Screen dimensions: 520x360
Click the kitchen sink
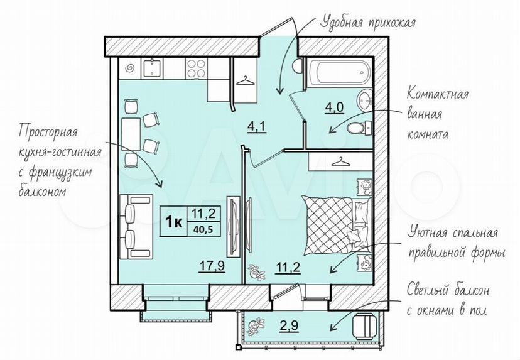pos(153,68)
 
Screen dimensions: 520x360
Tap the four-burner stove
pos(197,68)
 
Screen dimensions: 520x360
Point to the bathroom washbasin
pos(365,100)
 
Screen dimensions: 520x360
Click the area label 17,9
pos(212,266)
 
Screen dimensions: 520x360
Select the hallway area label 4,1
pos(257,126)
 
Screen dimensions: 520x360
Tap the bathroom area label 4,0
pos(334,107)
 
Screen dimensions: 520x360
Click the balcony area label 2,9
pos(288,325)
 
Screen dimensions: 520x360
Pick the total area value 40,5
pos(205,229)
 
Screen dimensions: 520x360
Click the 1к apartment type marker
pos(173,222)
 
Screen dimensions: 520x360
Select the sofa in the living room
pos(136,227)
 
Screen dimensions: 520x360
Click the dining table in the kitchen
pos(131,134)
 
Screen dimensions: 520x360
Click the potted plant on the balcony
pos(256,326)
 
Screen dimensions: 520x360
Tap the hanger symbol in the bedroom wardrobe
pos(341,162)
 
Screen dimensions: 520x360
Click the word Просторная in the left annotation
pos(48,132)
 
